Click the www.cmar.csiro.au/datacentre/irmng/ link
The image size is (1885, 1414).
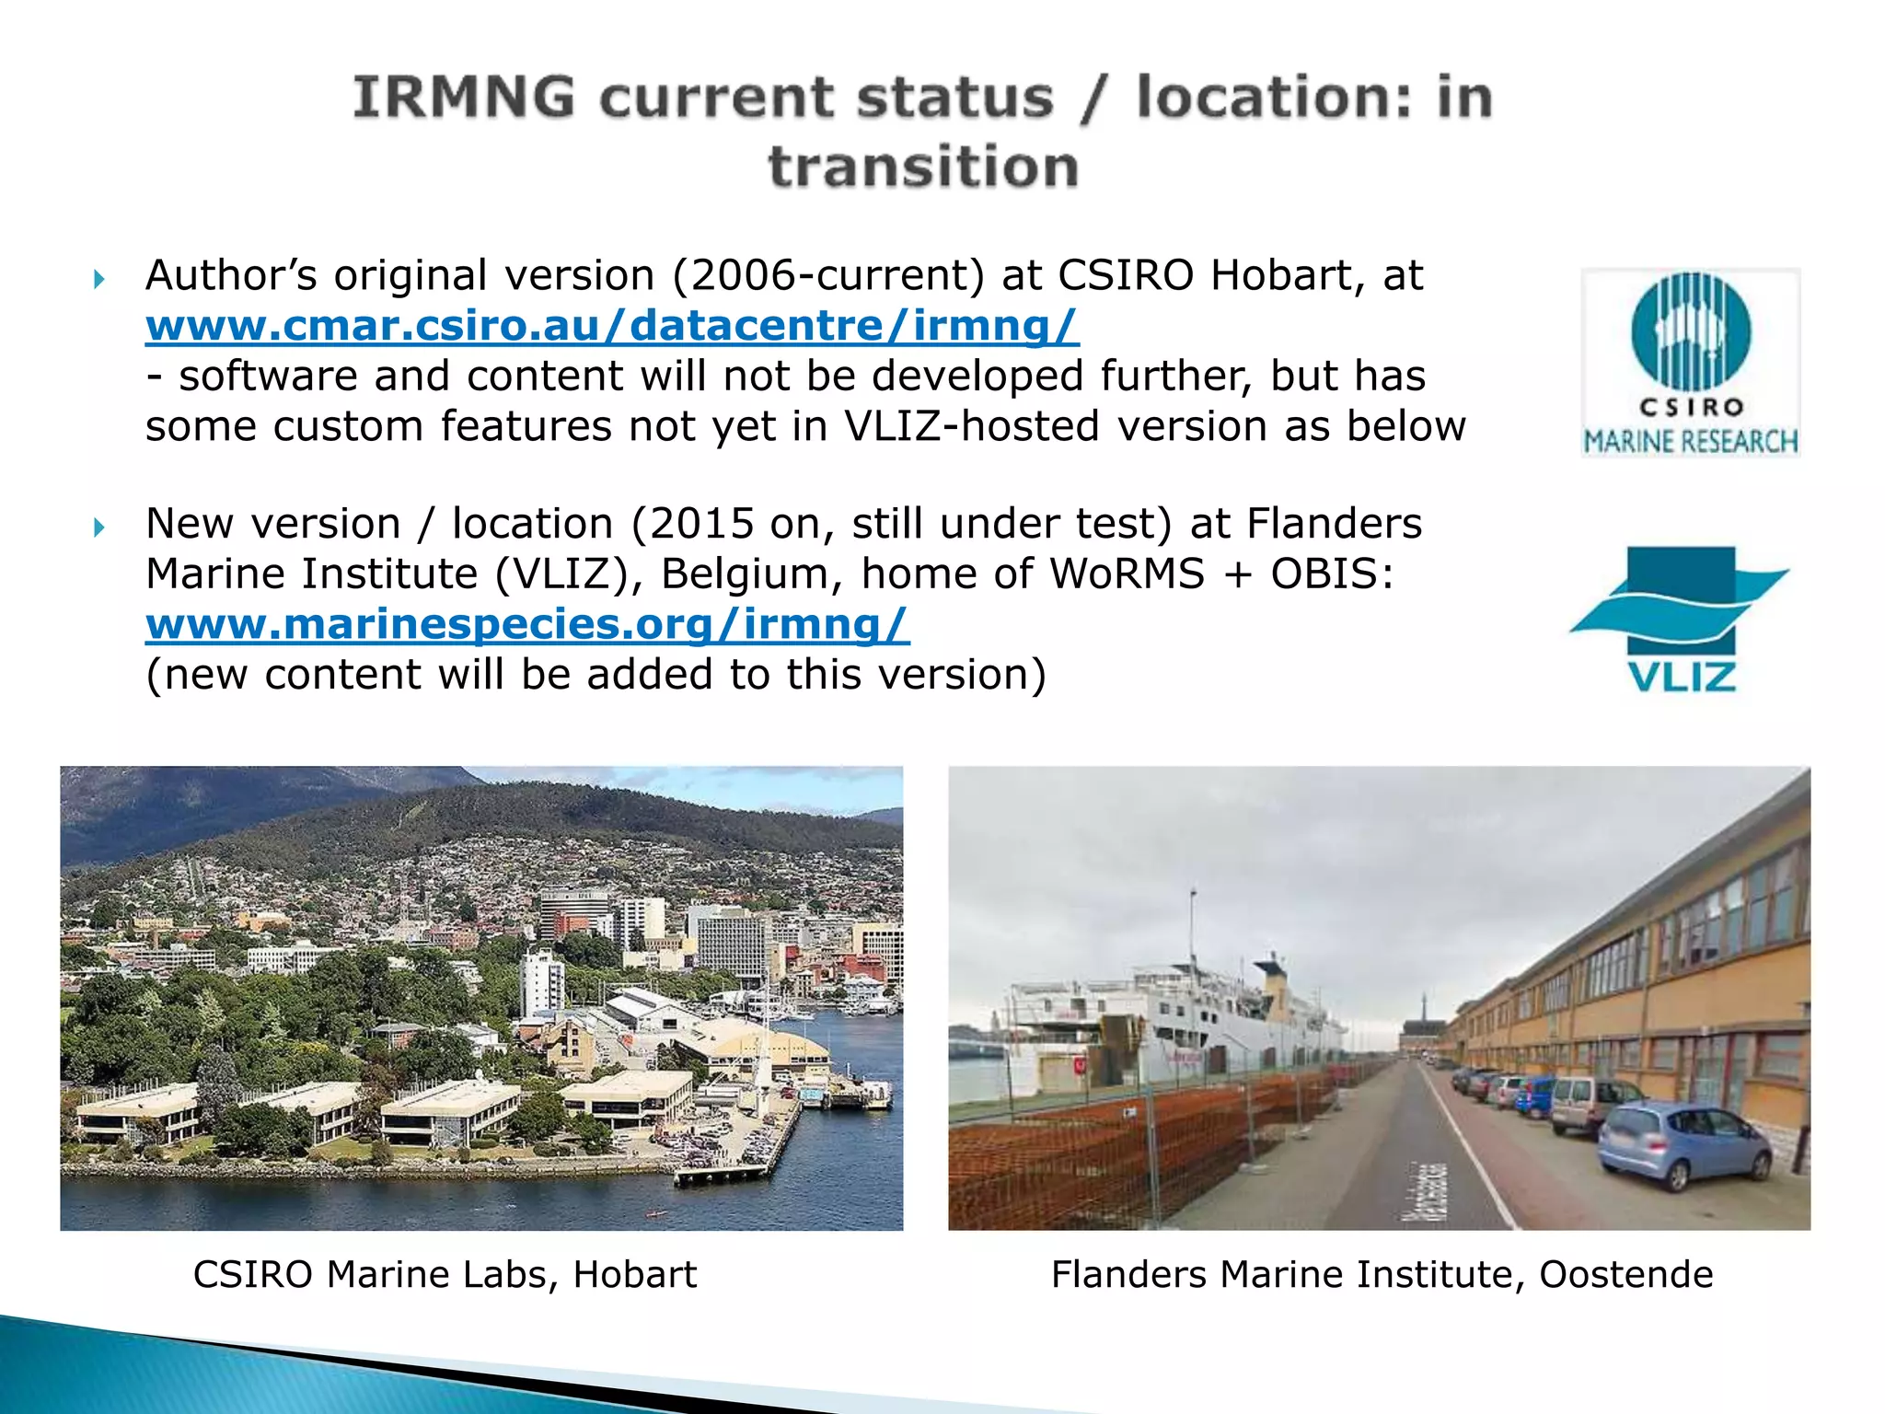[612, 326]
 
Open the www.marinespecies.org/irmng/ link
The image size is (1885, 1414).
[527, 624]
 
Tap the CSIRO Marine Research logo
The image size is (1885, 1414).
[1690, 363]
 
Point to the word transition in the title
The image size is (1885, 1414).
[923, 168]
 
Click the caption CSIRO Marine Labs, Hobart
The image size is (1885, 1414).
[445, 1275]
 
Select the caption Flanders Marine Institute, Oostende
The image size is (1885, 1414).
[1382, 1275]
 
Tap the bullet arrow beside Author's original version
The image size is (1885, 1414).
[99, 278]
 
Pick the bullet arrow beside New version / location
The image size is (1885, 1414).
[99, 527]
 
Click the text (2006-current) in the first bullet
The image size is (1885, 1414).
[828, 275]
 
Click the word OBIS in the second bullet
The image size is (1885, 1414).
[1331, 574]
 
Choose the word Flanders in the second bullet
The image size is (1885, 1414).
[1334, 524]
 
